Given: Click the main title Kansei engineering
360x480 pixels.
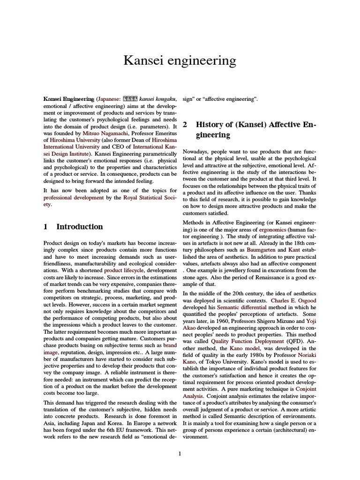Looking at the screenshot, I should click(180, 60).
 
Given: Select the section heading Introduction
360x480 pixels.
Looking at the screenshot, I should click(79, 226).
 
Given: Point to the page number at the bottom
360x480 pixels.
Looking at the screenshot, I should click(180, 454).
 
